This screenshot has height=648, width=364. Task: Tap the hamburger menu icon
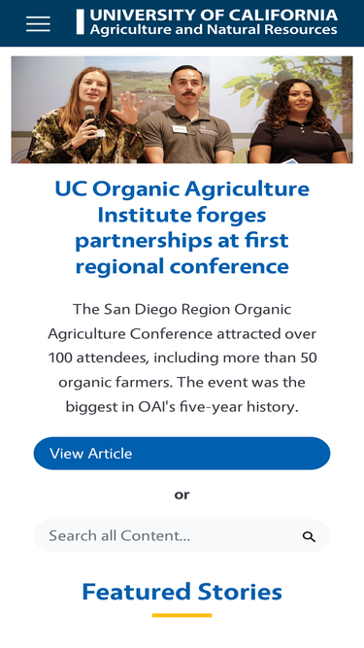tap(38, 23)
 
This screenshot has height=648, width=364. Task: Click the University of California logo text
tap(214, 16)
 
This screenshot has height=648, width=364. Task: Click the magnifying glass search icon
tap(309, 536)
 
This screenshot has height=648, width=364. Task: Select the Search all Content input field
tap(165, 535)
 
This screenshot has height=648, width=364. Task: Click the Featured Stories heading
tap(182, 591)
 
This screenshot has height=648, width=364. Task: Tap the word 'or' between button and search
tap(182, 495)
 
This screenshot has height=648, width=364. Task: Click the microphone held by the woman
tap(90, 113)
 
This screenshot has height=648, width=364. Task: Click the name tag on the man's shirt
tap(180, 129)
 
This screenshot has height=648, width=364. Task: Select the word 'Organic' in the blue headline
tap(141, 188)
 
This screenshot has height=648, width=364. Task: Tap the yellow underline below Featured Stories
tap(182, 615)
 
